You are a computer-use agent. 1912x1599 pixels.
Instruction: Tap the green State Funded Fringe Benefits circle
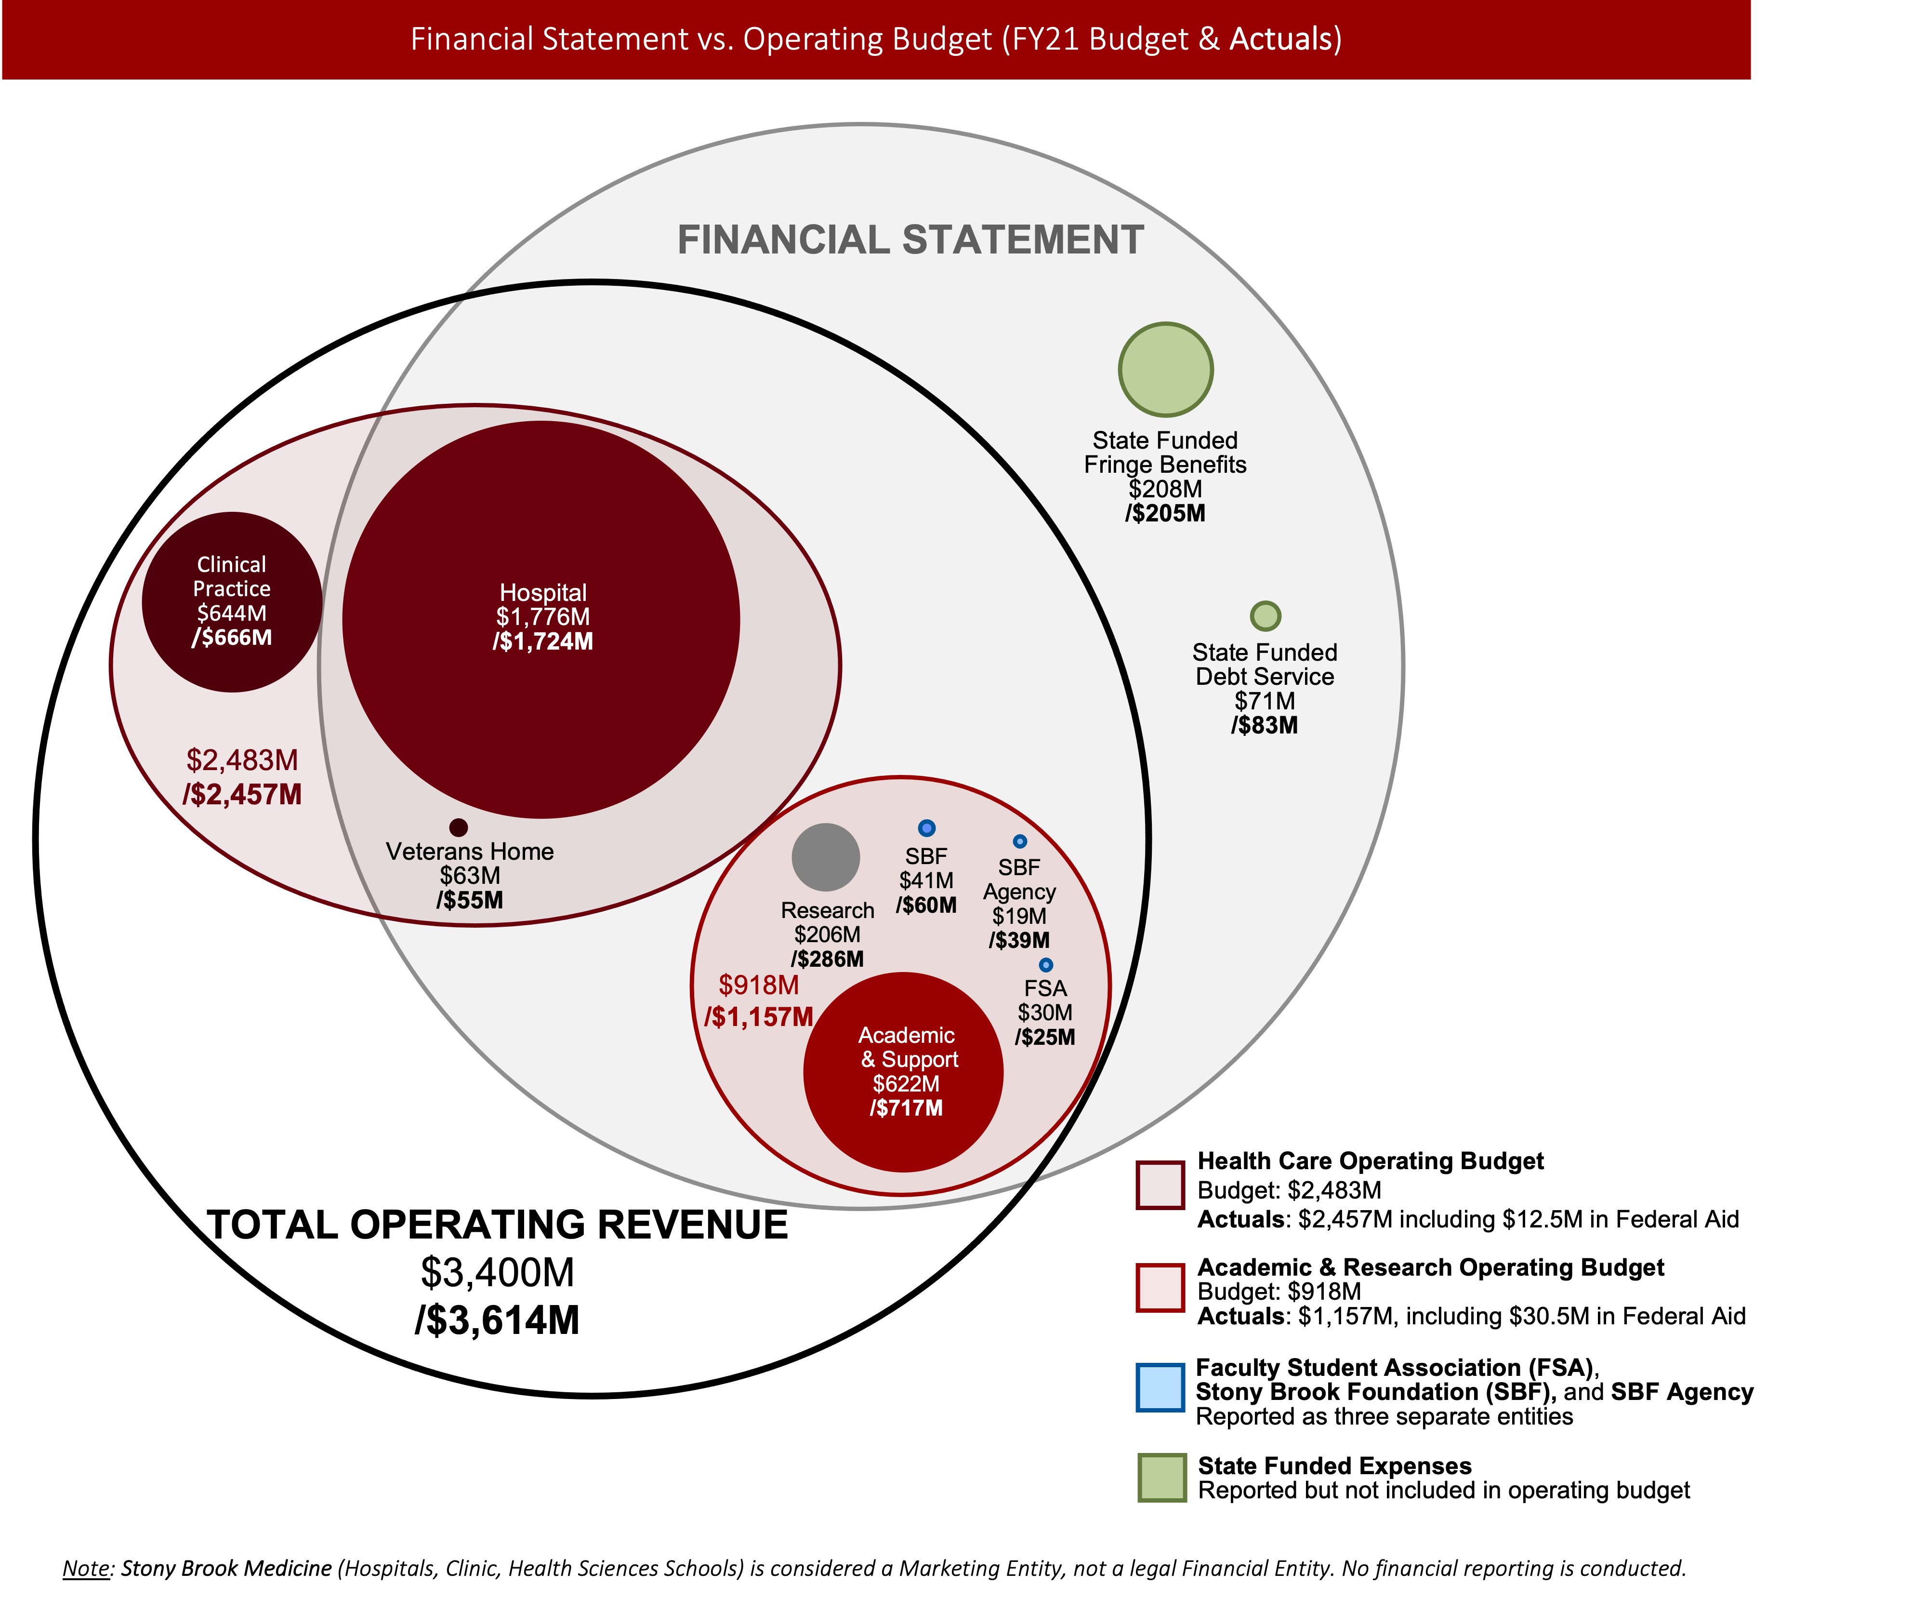click(1165, 370)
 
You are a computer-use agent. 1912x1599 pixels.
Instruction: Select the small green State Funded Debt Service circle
click(1265, 615)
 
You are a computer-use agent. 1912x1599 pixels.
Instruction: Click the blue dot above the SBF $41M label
click(926, 828)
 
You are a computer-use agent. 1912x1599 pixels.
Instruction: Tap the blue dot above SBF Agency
click(1020, 841)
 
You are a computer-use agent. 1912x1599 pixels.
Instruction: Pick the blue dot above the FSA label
click(1045, 964)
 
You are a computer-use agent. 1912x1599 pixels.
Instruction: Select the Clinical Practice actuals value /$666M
click(231, 638)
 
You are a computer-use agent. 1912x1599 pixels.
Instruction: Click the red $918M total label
click(758, 985)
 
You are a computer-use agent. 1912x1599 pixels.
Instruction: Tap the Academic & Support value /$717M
click(906, 1108)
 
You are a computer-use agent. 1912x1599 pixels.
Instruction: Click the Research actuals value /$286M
click(827, 959)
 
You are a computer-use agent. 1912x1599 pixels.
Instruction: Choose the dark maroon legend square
click(1160, 1185)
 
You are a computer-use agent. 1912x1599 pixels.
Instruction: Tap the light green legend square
click(1162, 1477)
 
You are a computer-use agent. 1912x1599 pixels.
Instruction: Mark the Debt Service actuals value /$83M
click(1265, 726)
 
